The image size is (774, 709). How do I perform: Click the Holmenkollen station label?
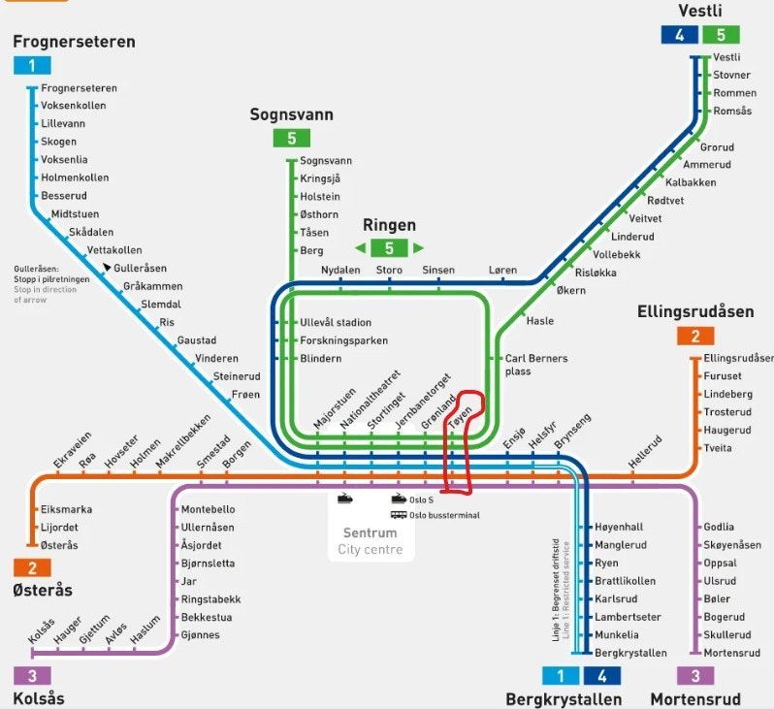coord(75,177)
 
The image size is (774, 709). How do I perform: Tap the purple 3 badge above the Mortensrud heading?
coord(695,676)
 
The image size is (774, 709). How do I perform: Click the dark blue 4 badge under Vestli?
coord(679,35)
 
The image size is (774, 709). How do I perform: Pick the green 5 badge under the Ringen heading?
coord(390,247)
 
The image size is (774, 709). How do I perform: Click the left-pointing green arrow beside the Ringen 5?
coord(360,247)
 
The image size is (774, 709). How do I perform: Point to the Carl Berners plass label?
coord(536,365)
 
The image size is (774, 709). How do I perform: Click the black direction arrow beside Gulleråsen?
coord(107,265)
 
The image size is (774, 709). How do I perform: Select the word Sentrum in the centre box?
coord(370,533)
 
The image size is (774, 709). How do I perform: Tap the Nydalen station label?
coord(340,270)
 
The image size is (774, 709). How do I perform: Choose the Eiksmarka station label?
coord(66,509)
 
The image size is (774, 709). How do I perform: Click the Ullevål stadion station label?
coord(336,322)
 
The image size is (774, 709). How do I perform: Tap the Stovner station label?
coord(731,75)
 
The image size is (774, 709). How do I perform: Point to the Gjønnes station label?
coord(200,635)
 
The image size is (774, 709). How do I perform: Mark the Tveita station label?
coord(718,448)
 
